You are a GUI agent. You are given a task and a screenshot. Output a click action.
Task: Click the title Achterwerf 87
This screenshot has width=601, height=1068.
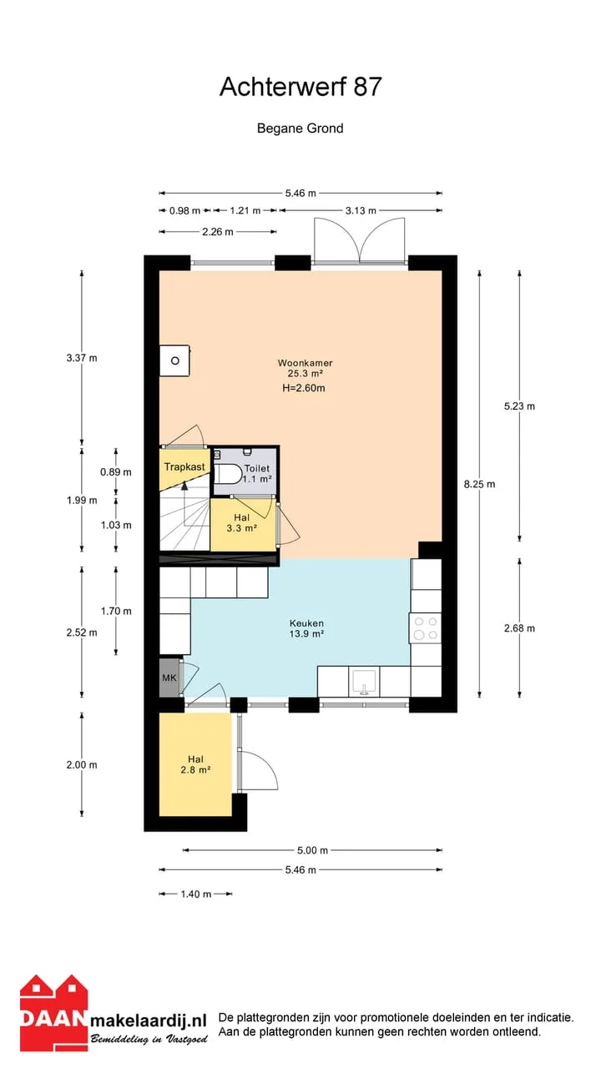point(300,87)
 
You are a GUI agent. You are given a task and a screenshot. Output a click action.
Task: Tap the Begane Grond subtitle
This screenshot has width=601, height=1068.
point(300,128)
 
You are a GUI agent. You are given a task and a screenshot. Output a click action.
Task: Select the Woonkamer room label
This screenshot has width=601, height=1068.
point(305,363)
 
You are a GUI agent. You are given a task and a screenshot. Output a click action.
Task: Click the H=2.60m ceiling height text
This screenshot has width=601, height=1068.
point(304,388)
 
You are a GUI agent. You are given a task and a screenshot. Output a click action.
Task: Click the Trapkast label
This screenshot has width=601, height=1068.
point(184,466)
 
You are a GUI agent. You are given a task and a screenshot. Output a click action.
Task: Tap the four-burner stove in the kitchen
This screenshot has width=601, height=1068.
point(426,628)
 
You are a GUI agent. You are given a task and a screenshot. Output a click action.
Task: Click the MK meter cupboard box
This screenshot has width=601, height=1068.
point(169,678)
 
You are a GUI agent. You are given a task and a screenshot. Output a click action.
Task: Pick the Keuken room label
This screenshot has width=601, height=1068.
point(306,623)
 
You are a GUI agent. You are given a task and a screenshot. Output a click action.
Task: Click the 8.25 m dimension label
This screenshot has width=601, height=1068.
point(479,485)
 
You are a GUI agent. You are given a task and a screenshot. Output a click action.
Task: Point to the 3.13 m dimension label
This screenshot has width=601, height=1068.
point(361,210)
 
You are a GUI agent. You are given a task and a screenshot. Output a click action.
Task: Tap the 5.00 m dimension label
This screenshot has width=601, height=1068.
point(312,850)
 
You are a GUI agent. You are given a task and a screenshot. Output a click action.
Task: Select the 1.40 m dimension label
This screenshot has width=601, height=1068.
point(195,894)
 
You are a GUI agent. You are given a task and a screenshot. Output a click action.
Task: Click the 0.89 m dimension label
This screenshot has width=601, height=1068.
point(116,472)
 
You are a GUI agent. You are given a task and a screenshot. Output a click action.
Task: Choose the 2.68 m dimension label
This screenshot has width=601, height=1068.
point(519,628)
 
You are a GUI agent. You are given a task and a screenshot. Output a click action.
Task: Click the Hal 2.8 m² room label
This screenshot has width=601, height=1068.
point(195,764)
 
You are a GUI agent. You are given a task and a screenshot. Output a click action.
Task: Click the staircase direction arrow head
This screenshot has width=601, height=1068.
point(184,486)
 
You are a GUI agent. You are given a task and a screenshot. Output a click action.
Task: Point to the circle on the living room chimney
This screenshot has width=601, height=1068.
point(175,361)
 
